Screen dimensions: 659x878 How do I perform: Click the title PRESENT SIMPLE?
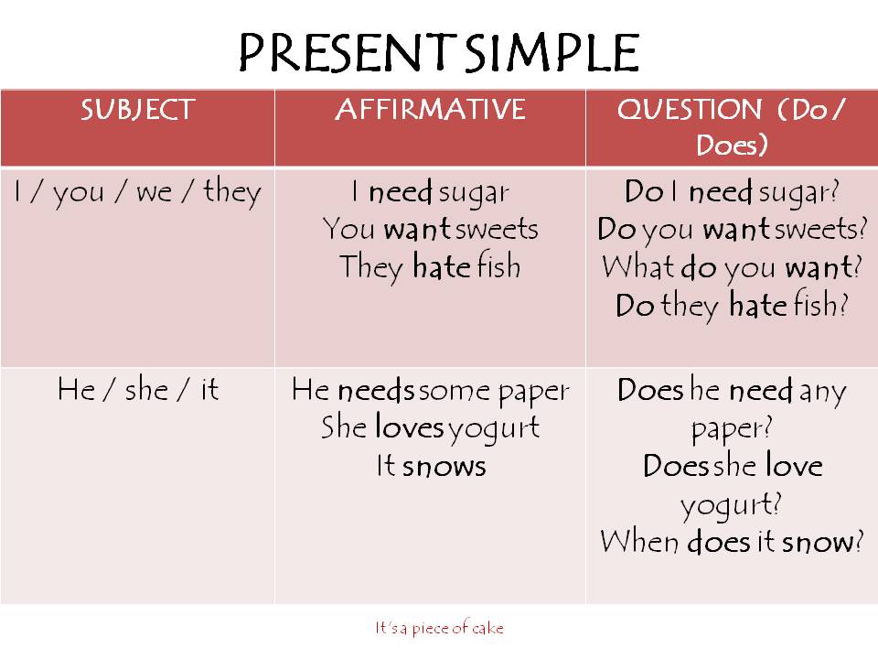(x=438, y=53)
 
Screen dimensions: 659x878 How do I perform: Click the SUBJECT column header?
(x=137, y=110)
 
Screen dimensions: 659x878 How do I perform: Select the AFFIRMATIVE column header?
(x=430, y=110)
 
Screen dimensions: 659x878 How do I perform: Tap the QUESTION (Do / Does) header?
(x=732, y=127)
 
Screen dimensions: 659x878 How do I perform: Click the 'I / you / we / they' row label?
(x=137, y=193)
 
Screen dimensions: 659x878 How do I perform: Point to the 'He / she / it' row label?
(x=137, y=390)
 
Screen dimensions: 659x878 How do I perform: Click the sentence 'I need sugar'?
(x=430, y=192)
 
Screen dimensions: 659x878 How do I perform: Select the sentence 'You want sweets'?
(x=430, y=230)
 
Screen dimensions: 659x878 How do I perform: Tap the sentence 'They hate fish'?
(x=430, y=267)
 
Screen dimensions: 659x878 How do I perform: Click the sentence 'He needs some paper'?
(x=430, y=391)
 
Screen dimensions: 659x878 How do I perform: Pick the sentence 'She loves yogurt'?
(x=430, y=427)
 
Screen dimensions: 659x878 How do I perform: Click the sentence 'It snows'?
(x=430, y=466)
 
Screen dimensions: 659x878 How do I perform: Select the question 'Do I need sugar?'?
(x=732, y=192)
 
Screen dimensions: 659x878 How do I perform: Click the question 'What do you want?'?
(x=732, y=267)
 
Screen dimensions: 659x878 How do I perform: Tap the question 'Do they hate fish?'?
(x=732, y=305)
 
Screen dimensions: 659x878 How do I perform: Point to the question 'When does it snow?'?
(x=732, y=542)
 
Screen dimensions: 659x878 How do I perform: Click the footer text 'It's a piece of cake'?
(x=439, y=628)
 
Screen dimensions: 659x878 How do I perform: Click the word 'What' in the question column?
(x=637, y=267)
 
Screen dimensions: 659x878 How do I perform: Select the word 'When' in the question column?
(x=639, y=542)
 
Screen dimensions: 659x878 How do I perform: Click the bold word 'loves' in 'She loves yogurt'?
(x=409, y=427)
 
